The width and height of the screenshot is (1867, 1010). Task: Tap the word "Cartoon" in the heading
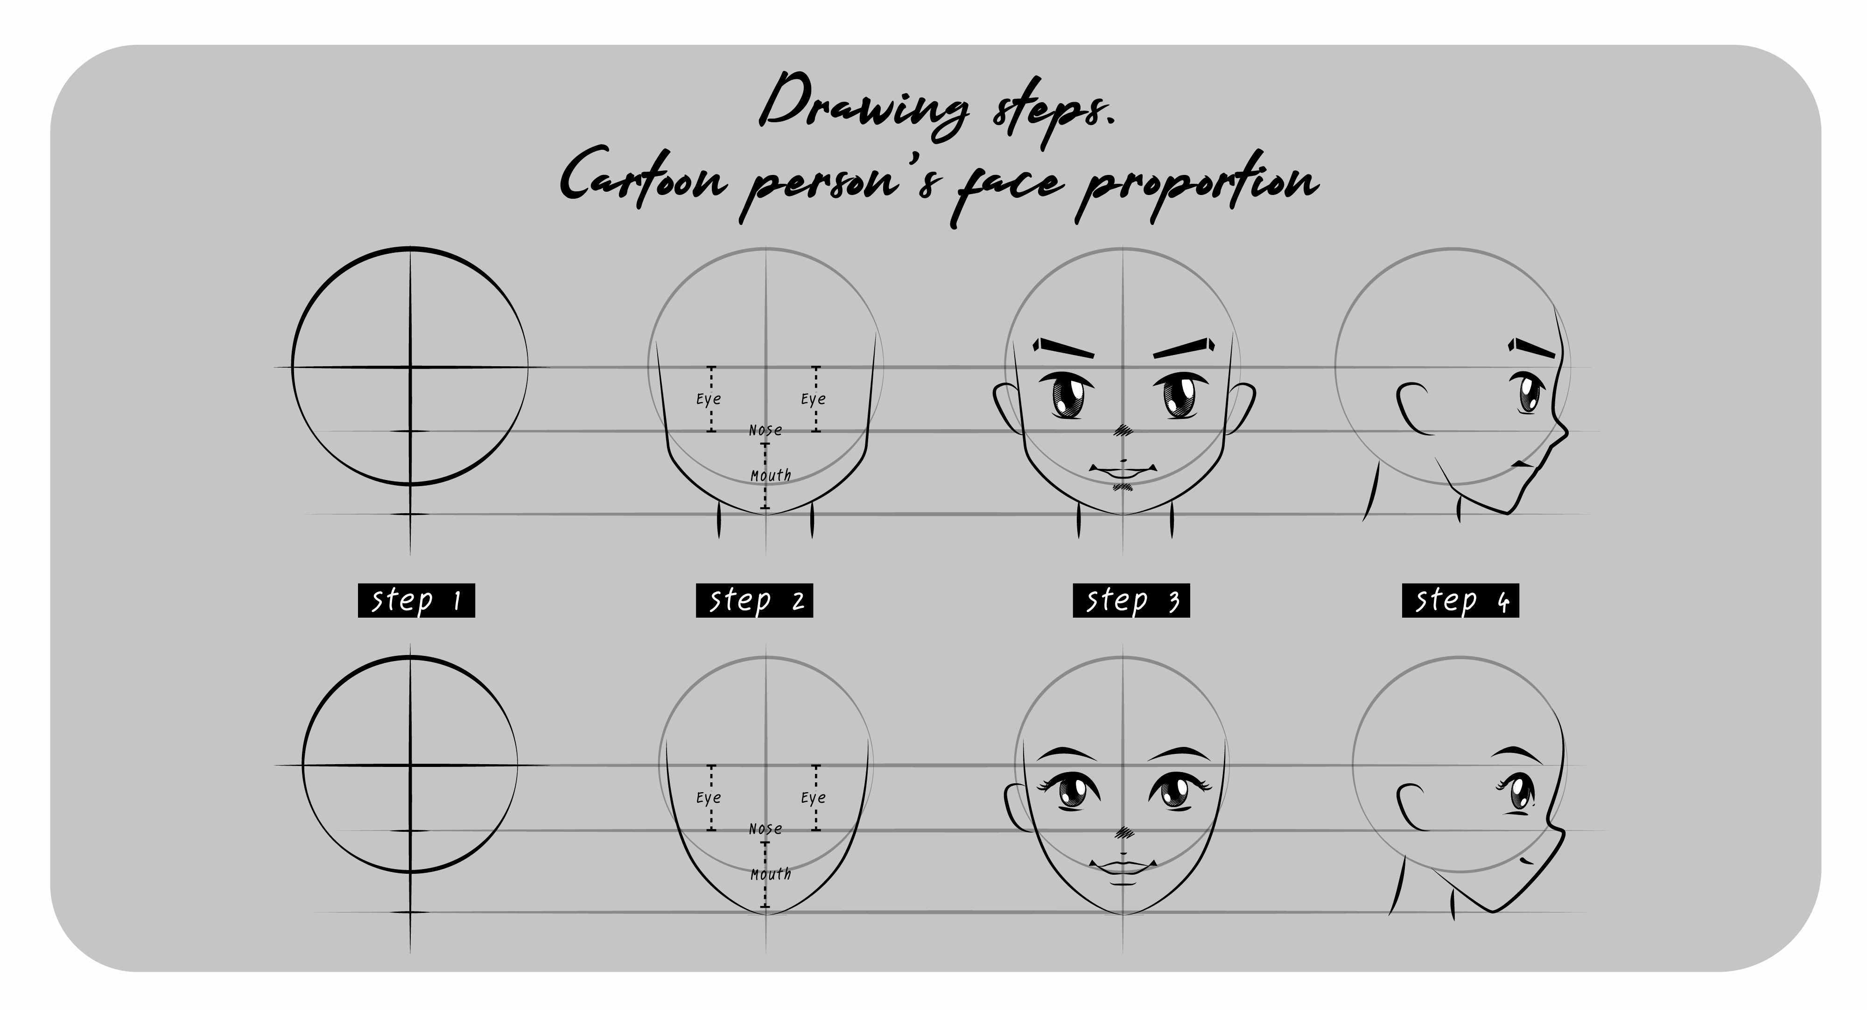(642, 178)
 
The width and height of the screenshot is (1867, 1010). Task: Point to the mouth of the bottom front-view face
(1122, 870)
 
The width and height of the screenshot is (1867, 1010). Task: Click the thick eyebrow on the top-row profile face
(1531, 348)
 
